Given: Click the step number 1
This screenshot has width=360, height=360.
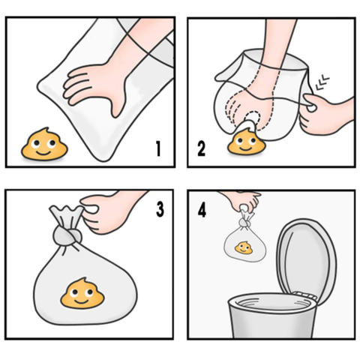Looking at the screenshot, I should tap(158, 148).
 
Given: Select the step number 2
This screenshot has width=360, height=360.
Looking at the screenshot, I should tap(201, 148).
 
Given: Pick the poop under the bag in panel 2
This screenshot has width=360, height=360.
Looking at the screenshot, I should tap(245, 141).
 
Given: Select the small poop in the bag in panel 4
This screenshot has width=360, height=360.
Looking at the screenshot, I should tap(242, 247).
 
